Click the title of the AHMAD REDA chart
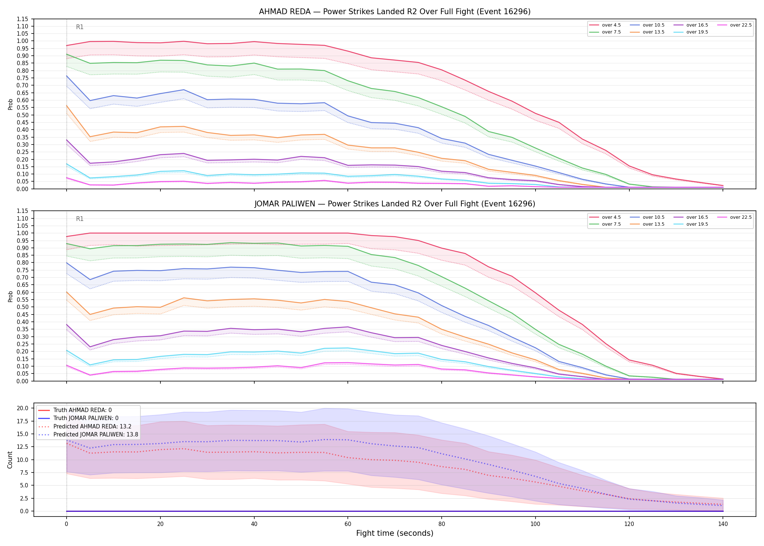tap(395, 12)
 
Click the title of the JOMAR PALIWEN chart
tap(395, 204)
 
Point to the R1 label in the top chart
tap(80, 27)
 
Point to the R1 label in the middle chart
tap(80, 219)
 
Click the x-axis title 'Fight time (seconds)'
tap(395, 533)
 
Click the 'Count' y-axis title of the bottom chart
tap(10, 460)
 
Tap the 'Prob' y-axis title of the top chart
tap(10, 104)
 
